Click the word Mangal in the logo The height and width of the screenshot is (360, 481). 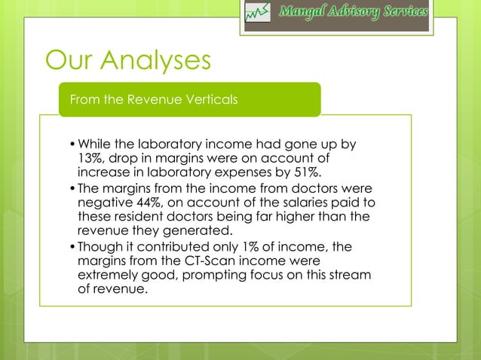[305, 13]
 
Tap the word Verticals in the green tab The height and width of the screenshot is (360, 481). [205, 99]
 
